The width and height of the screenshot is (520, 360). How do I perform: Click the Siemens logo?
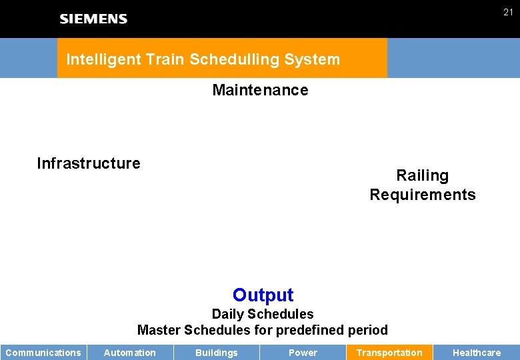[x=93, y=19]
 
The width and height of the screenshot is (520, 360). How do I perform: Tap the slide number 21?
[x=508, y=12]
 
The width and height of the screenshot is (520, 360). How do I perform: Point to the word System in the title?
[x=312, y=59]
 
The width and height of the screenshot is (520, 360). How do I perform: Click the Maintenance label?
[x=260, y=90]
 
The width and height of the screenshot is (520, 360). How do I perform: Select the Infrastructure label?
[x=89, y=163]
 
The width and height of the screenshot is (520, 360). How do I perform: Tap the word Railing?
[x=422, y=175]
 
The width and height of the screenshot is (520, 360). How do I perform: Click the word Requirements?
[x=423, y=195]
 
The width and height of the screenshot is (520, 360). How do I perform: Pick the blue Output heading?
[x=263, y=295]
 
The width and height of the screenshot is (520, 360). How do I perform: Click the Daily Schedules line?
[x=263, y=314]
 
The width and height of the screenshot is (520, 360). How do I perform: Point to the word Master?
[x=159, y=330]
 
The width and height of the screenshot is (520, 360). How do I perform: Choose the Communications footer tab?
[x=43, y=353]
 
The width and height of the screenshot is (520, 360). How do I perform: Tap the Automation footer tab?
[x=130, y=353]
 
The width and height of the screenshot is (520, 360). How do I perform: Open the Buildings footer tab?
[x=216, y=353]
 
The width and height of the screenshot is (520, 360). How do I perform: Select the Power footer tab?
[x=303, y=353]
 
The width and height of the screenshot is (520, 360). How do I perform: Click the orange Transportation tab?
[x=389, y=353]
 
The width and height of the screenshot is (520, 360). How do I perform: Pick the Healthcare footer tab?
[x=477, y=353]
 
